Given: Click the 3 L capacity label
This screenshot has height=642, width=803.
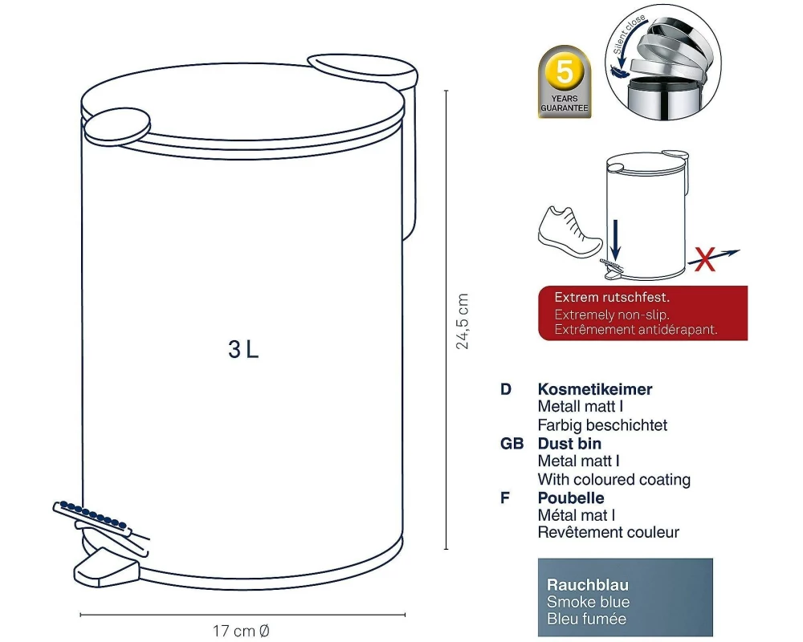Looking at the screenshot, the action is [243, 350].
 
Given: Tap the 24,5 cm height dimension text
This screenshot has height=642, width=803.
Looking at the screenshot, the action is [463, 321].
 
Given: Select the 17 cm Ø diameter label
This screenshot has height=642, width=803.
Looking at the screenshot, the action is [241, 631].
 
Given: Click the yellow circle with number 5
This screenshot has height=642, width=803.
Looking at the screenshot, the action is [565, 71].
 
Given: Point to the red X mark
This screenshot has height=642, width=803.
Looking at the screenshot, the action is [705, 259].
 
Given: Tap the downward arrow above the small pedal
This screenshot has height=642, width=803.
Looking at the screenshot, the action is [616, 240].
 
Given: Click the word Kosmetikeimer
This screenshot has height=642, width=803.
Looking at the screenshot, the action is [594, 389].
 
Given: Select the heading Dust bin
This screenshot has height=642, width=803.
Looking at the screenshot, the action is [569, 443].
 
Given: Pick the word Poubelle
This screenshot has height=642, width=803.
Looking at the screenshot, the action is [570, 498].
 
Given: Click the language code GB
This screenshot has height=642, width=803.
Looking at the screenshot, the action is [512, 443].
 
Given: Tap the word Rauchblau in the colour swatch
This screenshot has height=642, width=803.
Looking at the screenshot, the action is [588, 585].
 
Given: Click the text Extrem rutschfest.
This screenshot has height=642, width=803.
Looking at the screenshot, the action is [612, 298].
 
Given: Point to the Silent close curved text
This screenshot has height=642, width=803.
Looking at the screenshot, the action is [629, 35].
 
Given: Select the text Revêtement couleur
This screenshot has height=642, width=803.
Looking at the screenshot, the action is [609, 532].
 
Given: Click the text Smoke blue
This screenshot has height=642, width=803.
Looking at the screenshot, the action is [588, 602].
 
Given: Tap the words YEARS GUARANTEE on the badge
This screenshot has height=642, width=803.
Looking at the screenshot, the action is [565, 104].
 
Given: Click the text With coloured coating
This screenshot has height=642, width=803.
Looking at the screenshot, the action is [614, 480].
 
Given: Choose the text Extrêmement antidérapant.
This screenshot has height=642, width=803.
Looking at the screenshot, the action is [635, 330].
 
